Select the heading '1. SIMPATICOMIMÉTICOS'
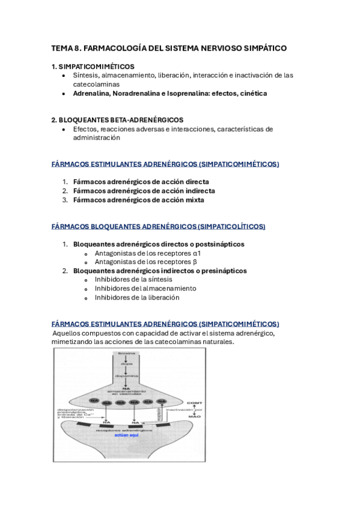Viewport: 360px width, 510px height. [x=93, y=66]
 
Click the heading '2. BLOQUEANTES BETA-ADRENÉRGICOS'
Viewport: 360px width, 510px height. [x=117, y=120]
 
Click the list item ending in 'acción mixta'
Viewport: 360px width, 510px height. [x=138, y=200]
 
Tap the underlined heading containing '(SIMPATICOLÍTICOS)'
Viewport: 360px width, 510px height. [x=159, y=227]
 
